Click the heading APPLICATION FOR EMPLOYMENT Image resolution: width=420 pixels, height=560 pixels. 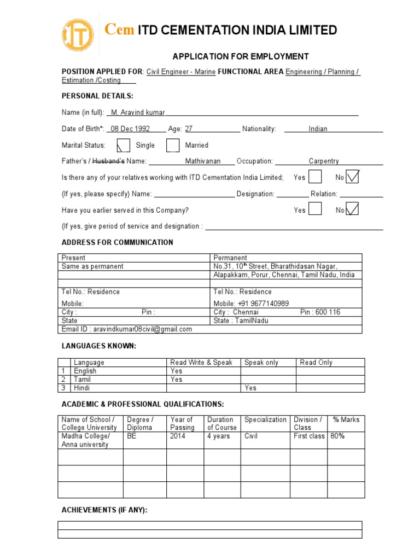click(x=241, y=56)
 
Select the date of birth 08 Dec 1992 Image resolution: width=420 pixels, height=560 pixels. click(x=130, y=129)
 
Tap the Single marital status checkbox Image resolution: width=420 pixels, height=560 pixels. click(x=124, y=145)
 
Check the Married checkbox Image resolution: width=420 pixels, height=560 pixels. click(x=173, y=145)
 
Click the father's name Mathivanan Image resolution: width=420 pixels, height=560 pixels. click(x=203, y=161)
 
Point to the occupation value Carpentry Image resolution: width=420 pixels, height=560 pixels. click(x=324, y=161)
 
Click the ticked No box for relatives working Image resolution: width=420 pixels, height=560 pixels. click(x=353, y=177)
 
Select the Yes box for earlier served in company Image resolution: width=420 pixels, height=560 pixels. click(x=314, y=209)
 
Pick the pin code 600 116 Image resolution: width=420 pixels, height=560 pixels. click(x=328, y=312)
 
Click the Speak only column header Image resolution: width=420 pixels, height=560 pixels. click(x=261, y=363)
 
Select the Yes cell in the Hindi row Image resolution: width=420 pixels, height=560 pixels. click(x=250, y=388)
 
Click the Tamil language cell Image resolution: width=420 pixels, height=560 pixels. click(x=82, y=380)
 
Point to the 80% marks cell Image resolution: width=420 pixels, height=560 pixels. click(x=337, y=436)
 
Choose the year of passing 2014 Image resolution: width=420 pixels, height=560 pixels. click(x=178, y=436)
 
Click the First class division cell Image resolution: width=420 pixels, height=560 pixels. click(x=309, y=436)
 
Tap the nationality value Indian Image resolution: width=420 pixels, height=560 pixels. click(x=318, y=129)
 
